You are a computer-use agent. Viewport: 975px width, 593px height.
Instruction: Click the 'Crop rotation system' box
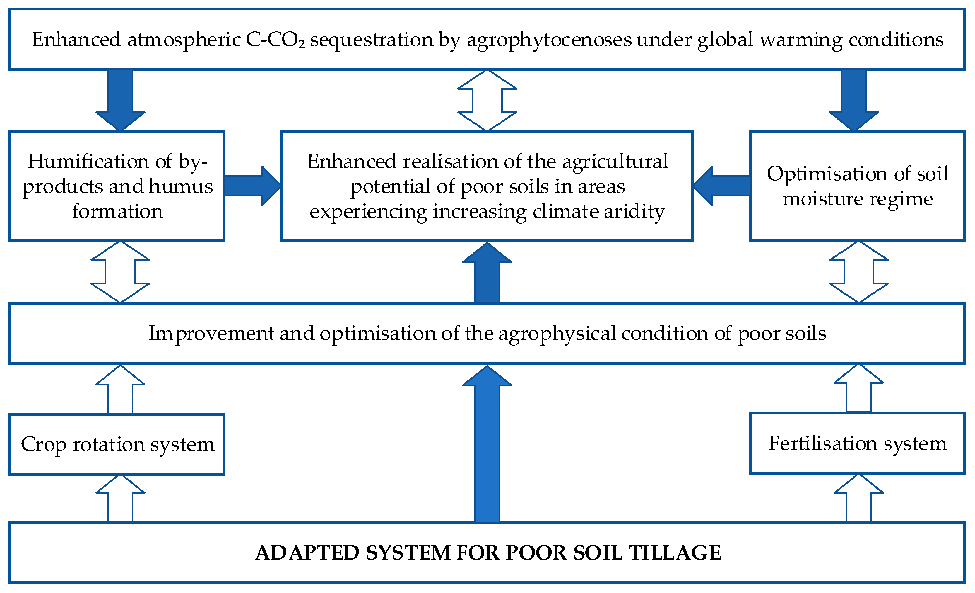coord(117,444)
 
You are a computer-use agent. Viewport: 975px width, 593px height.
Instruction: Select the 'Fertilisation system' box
coord(857,443)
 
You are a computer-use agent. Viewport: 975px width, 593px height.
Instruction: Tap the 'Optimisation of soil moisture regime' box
coord(857,186)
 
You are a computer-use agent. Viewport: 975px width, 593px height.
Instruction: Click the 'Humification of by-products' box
coord(117,186)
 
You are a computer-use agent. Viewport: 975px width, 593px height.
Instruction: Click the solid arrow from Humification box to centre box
coord(252,186)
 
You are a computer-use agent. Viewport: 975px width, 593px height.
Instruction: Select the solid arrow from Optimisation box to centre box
coord(722,186)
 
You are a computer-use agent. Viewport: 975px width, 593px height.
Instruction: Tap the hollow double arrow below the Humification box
coord(120,272)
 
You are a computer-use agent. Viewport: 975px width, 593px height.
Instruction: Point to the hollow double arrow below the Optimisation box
coord(859,272)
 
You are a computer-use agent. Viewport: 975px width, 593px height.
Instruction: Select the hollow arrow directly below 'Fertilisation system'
coord(859,499)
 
